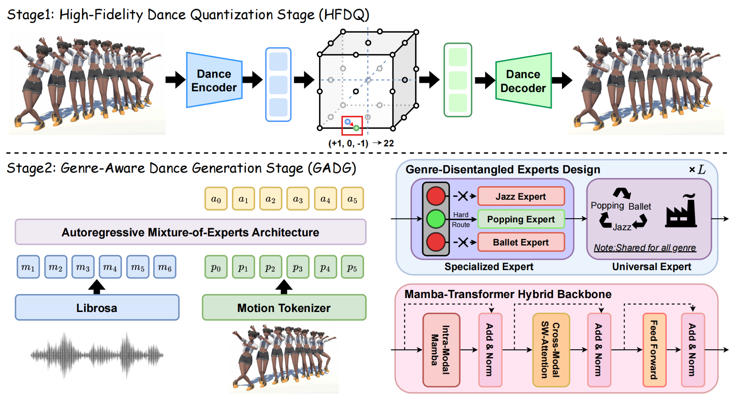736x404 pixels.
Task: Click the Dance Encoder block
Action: click(x=214, y=81)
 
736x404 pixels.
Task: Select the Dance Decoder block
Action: click(x=523, y=81)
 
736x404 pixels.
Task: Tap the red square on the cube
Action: click(x=352, y=125)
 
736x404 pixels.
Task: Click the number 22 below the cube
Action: click(x=389, y=143)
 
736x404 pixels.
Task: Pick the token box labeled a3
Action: click(x=298, y=199)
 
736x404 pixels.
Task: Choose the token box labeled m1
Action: click(x=28, y=267)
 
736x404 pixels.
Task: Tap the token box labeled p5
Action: click(x=352, y=267)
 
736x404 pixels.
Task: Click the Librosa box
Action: click(x=97, y=308)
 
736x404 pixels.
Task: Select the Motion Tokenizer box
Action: click(x=284, y=308)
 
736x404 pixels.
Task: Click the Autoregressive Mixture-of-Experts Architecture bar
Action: click(x=190, y=232)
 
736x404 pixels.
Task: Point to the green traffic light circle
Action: click(x=436, y=219)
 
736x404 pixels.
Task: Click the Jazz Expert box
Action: click(x=520, y=196)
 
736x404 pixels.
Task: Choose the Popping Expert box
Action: click(x=520, y=219)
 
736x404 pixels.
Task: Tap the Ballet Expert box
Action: click(x=520, y=242)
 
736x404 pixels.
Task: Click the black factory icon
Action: click(x=681, y=213)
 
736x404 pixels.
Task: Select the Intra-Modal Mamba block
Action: click(x=441, y=350)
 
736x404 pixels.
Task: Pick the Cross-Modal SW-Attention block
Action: click(x=551, y=350)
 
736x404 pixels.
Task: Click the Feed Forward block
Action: click(x=654, y=350)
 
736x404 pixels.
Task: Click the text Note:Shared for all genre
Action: click(x=645, y=248)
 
